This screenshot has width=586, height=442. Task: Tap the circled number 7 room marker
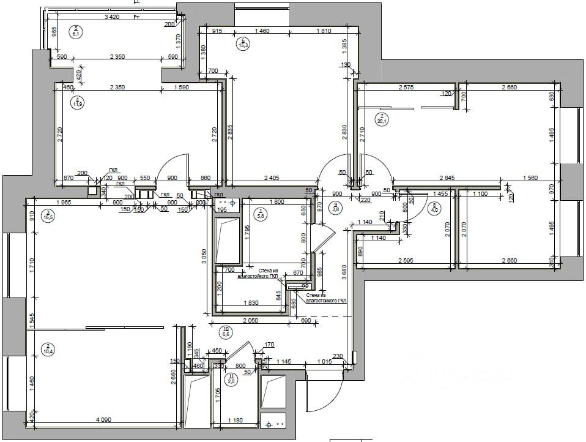pos(382,118)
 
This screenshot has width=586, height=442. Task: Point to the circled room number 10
pos(226,331)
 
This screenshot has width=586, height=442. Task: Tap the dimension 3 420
pos(112,17)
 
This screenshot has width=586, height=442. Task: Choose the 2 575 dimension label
pos(406,88)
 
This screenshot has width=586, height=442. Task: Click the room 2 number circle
pos(47,350)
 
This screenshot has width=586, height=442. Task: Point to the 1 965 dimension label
pos(65,203)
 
